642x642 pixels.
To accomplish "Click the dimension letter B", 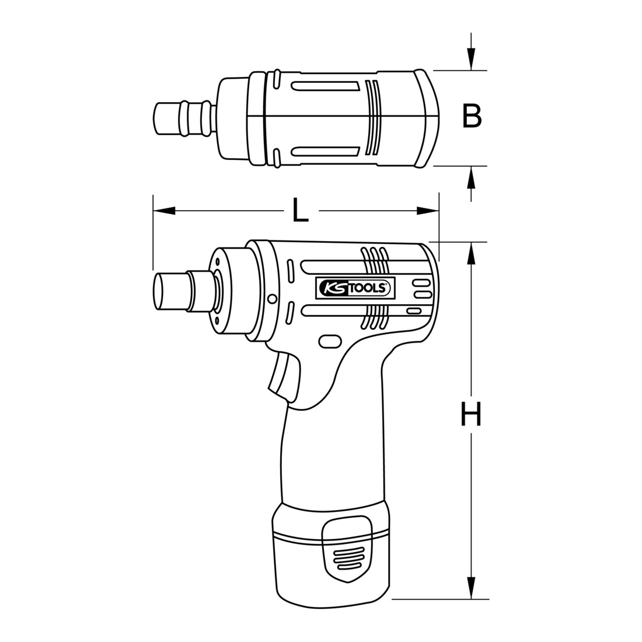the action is (x=472, y=116).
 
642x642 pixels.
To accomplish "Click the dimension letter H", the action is (x=471, y=414).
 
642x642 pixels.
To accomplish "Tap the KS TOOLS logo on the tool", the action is (x=354, y=287).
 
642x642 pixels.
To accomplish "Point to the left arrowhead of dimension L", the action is (x=164, y=211).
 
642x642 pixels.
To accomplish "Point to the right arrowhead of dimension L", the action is (x=427, y=211).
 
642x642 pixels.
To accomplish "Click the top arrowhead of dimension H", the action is (x=472, y=253).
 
